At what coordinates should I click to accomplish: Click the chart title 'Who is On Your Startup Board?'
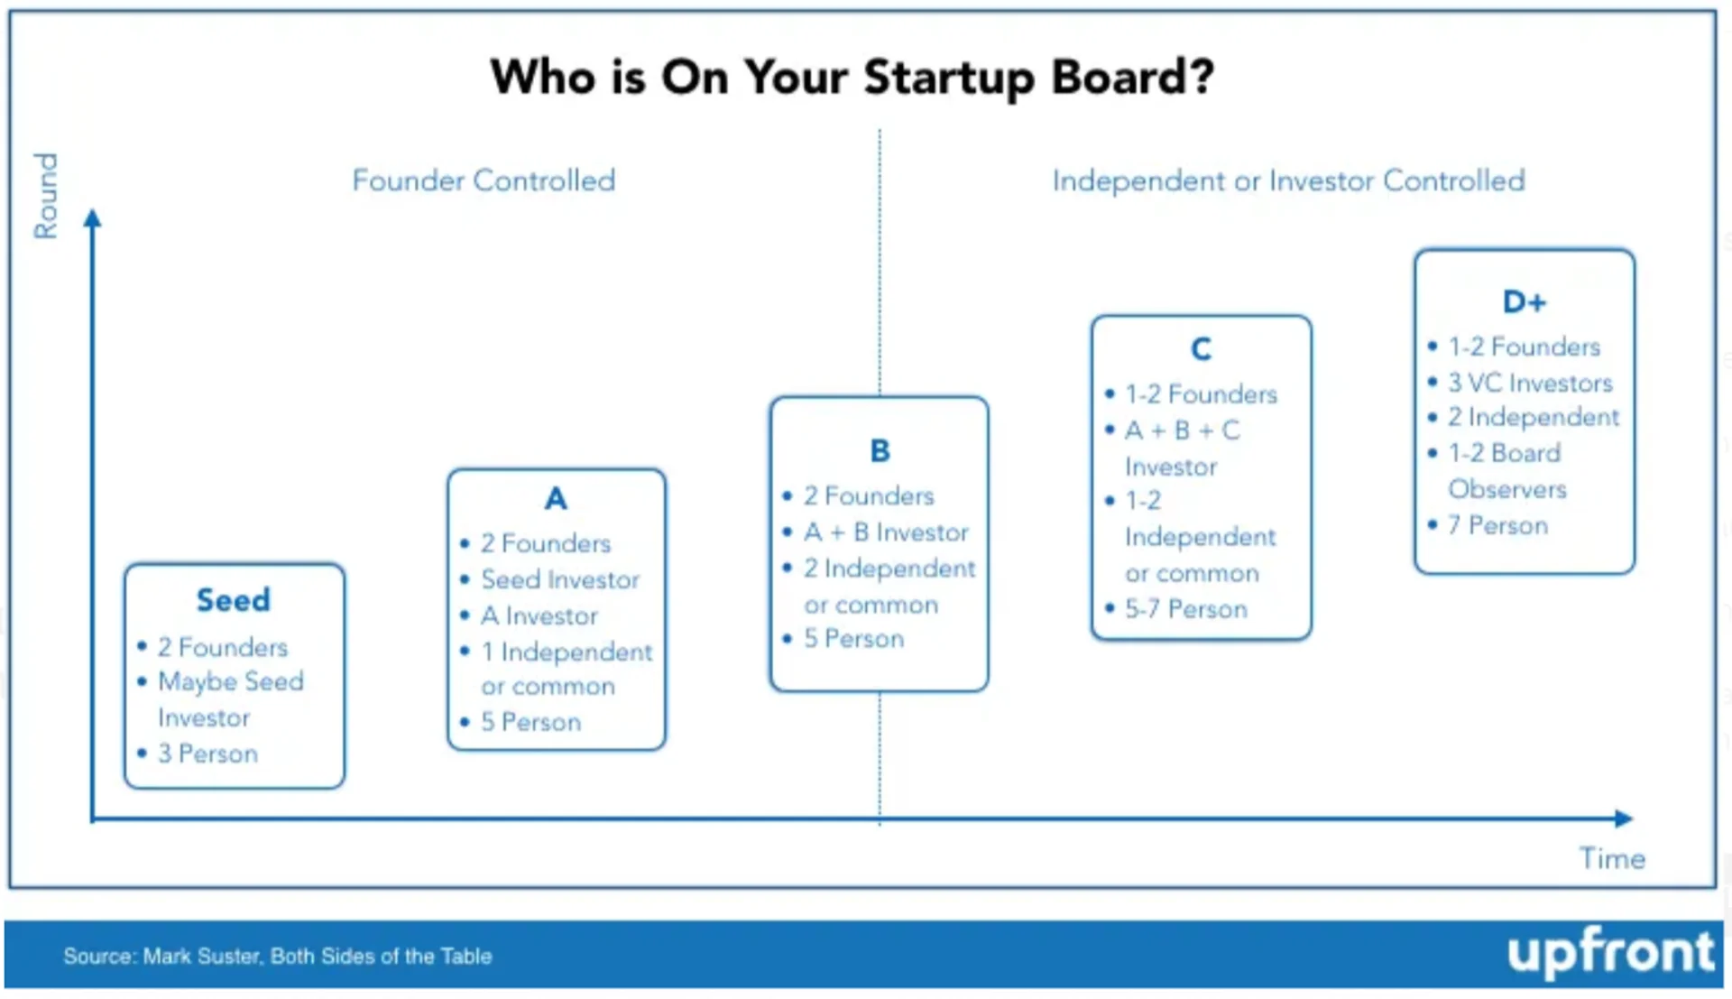(852, 78)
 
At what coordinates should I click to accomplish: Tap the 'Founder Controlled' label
(484, 180)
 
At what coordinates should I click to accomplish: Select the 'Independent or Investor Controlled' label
(1289, 180)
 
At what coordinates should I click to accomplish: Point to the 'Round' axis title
(45, 195)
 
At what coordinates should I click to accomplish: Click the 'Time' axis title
(1612, 858)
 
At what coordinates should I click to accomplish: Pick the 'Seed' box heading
(234, 600)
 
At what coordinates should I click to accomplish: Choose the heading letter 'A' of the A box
(556, 498)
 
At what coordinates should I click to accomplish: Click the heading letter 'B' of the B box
(880, 450)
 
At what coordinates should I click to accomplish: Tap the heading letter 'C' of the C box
(1201, 348)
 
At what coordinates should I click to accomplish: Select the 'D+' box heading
(1525, 301)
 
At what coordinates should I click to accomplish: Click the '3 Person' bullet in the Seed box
(207, 754)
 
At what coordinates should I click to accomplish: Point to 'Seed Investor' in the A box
(560, 579)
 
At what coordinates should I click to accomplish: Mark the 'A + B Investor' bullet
(886, 532)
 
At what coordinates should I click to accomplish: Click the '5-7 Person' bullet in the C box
(1186, 609)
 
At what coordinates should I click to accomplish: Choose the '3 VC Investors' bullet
(1530, 383)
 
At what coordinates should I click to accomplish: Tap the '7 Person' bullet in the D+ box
(1497, 525)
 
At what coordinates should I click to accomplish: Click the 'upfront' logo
(1610, 953)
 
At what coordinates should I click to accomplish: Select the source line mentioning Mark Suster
(278, 956)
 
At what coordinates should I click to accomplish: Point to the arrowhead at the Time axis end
(1624, 819)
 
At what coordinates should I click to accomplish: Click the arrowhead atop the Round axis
(92, 218)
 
